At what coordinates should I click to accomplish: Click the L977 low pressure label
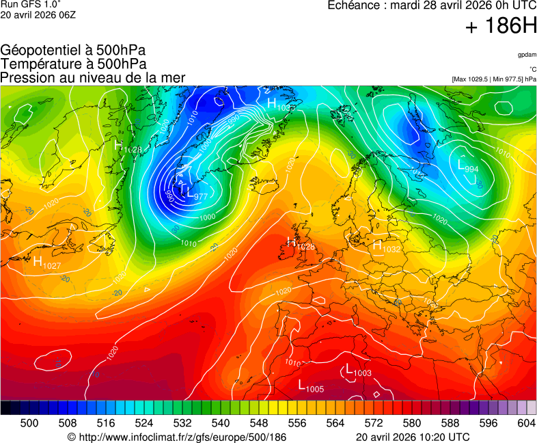[197, 195]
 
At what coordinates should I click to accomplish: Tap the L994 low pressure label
[468, 166]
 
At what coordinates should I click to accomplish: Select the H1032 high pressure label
[386, 247]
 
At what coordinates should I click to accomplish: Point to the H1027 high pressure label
[47, 263]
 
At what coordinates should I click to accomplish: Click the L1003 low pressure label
[358, 371]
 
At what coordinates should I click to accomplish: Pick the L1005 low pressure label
[311, 386]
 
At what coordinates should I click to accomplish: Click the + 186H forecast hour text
[501, 27]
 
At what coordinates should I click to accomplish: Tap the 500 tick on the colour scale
[29, 423]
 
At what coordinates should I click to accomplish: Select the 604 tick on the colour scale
[525, 423]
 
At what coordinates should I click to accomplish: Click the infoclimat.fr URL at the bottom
[177, 437]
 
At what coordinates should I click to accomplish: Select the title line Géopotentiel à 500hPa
[73, 51]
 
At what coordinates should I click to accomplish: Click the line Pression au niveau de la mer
[93, 78]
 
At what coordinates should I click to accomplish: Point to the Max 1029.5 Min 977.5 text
[493, 79]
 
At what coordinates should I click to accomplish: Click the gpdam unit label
[527, 54]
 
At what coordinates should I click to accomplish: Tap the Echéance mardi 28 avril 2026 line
[432, 5]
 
